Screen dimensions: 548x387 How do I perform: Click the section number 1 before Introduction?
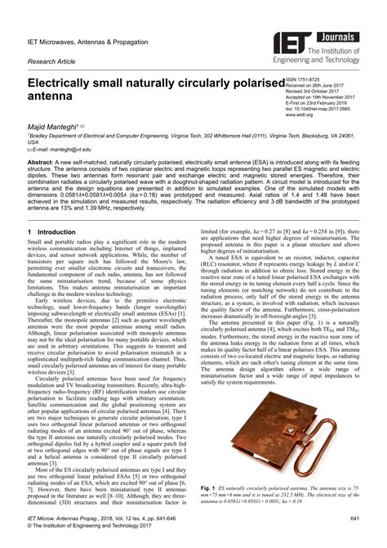29,232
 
